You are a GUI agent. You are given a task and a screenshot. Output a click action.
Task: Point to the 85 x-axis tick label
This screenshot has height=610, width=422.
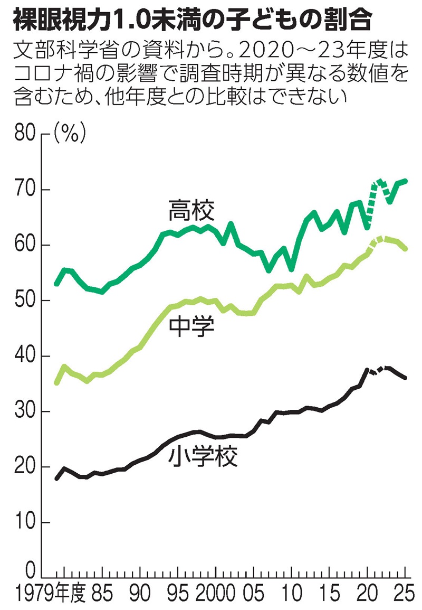click(x=102, y=595)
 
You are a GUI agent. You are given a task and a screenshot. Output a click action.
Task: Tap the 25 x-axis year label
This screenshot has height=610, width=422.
click(x=404, y=595)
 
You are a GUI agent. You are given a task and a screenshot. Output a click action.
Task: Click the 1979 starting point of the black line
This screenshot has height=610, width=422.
click(x=56, y=478)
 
